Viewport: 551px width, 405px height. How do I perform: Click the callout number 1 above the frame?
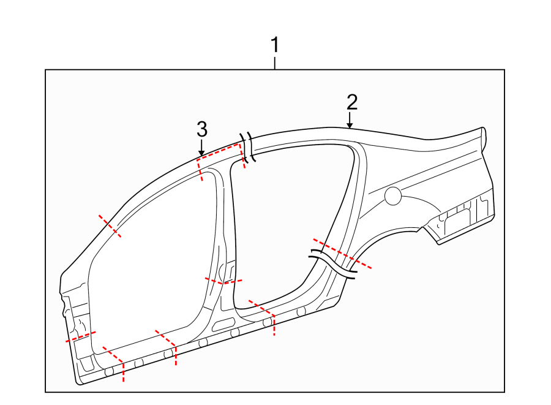(275, 45)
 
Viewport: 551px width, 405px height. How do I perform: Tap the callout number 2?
(351, 101)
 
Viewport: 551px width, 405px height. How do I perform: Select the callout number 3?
(201, 129)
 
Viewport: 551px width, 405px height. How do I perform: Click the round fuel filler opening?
(392, 196)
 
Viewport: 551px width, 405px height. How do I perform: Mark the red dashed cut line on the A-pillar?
(110, 226)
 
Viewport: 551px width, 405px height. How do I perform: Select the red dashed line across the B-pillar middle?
(223, 281)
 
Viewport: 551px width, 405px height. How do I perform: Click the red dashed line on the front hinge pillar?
(81, 336)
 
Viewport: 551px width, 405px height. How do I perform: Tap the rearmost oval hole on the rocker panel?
(301, 311)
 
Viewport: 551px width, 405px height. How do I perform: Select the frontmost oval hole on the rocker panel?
(110, 372)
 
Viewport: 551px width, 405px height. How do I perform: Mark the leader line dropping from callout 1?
(275, 62)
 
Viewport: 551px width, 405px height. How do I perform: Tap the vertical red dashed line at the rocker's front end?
(124, 371)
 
